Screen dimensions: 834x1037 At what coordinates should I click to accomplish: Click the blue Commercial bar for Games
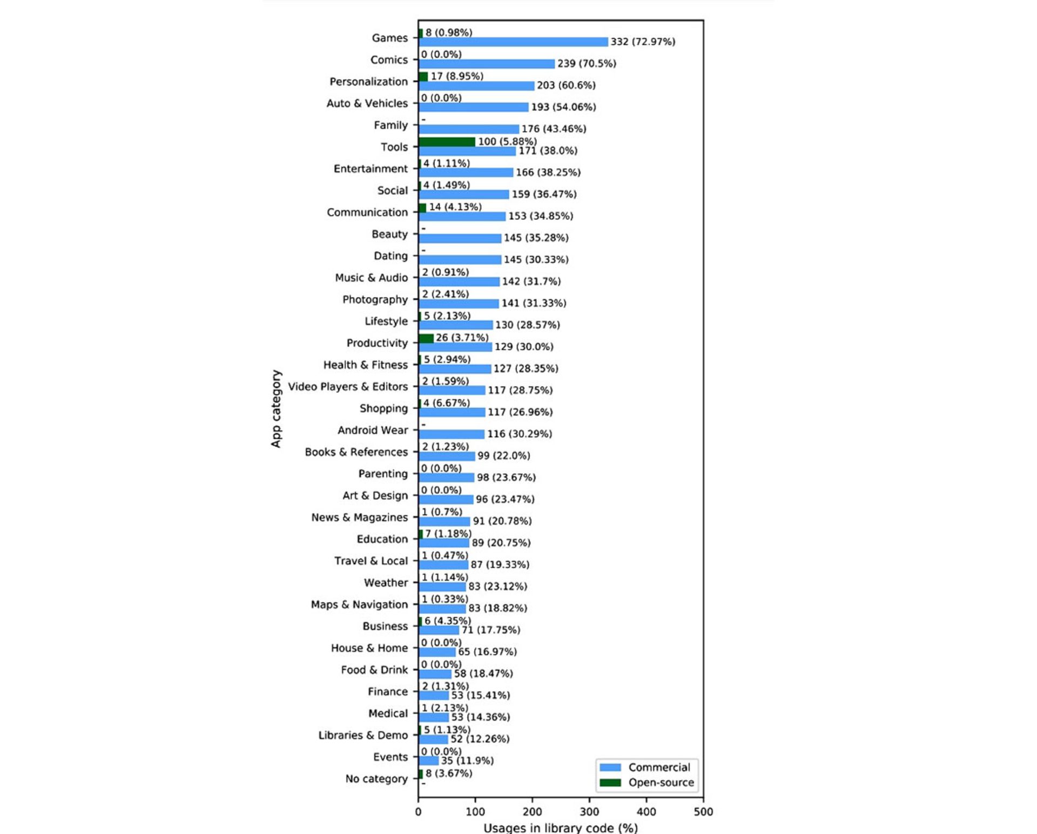pos(513,42)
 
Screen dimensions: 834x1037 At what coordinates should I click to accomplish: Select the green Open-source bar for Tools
pos(447,142)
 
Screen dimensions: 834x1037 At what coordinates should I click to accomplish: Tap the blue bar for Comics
pos(487,64)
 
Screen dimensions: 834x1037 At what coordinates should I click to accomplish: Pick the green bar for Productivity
pos(426,339)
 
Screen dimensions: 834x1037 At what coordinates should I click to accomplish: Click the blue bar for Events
pos(429,761)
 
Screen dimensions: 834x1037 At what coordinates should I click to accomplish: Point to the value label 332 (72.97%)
pos(643,42)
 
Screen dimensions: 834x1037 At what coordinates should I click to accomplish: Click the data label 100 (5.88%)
pos(507,142)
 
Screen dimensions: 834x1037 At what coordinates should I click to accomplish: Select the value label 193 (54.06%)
pos(563,107)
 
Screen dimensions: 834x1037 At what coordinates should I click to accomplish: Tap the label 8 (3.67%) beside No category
pos(448,774)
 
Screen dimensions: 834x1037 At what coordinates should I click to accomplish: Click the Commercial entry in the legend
pos(659,768)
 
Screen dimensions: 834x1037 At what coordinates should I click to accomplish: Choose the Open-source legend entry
pos(661,783)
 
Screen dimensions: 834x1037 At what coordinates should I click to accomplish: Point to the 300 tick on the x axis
pos(589,812)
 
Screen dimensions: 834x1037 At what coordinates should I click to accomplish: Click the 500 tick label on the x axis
pos(703,812)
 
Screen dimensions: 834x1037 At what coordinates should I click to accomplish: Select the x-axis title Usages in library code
pos(560,828)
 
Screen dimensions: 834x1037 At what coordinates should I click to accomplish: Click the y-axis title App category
pos(276,409)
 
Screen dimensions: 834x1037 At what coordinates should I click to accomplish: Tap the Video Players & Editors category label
pos(348,387)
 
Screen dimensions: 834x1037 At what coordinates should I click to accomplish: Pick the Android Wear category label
pos(373,431)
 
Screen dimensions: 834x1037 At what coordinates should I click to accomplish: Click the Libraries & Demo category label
pos(363,735)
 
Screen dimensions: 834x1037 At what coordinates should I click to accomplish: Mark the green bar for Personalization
pos(423,77)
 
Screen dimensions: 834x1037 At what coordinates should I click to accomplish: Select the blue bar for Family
pos(469,129)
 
